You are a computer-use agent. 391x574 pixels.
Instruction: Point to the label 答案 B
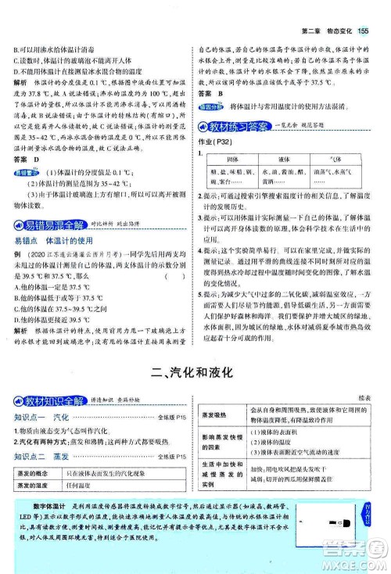[x=210, y=93]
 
